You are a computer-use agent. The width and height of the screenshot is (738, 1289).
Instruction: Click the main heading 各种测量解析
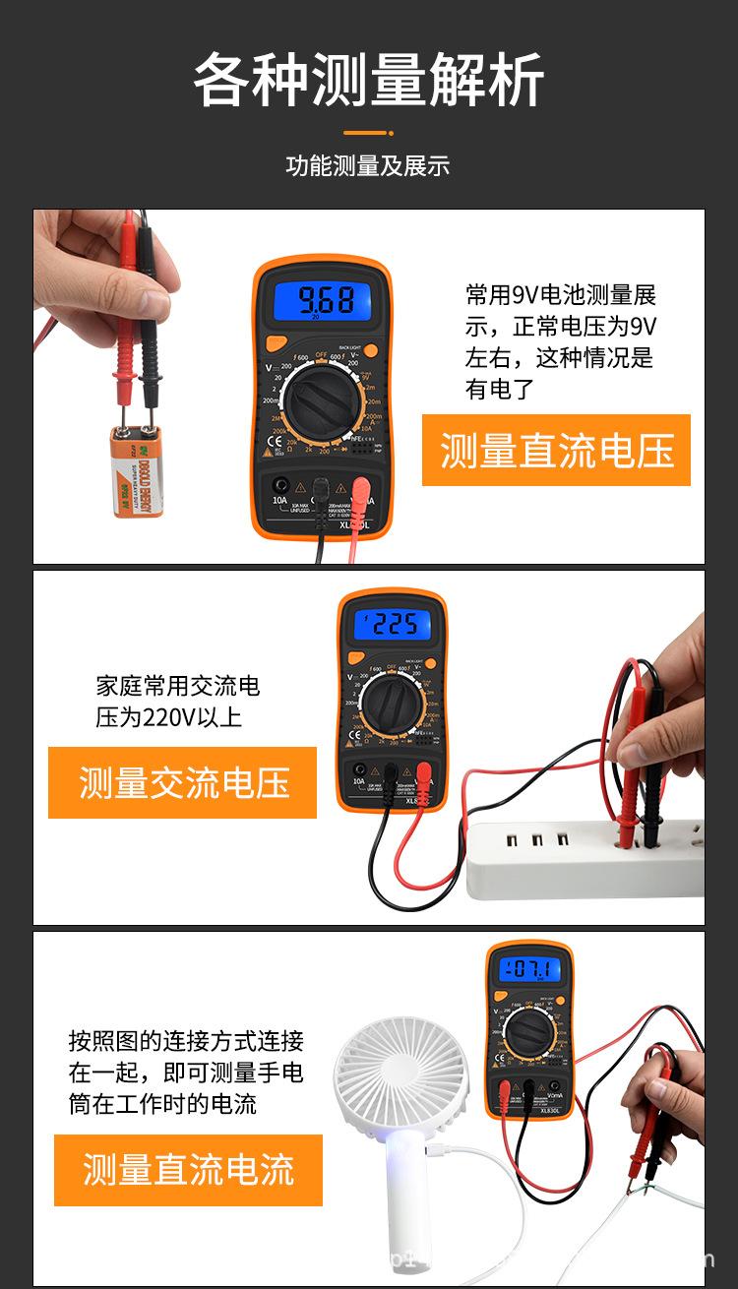tap(368, 81)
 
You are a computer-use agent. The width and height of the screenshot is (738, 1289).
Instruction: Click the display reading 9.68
tap(327, 298)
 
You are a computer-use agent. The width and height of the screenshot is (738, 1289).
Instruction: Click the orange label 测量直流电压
tap(556, 451)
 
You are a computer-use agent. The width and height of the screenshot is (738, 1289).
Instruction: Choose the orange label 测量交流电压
tap(183, 783)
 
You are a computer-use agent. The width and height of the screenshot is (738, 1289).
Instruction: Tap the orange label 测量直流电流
tap(188, 1170)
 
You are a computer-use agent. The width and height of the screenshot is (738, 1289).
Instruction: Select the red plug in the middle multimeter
tap(424, 773)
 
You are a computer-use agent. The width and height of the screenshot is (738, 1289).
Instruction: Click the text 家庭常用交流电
tap(177, 686)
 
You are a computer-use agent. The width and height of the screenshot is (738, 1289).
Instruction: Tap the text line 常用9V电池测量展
tap(561, 295)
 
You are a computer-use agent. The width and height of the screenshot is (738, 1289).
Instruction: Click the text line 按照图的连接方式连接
tap(186, 1041)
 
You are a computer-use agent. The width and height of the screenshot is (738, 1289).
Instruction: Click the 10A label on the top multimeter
tap(280, 501)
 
